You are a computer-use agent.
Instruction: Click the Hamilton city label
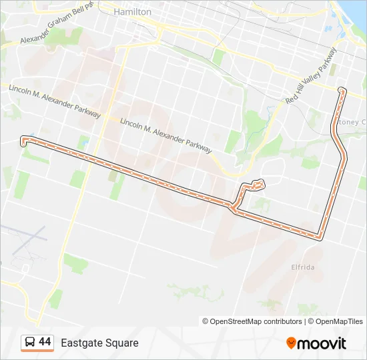pyautogui.click(x=133, y=12)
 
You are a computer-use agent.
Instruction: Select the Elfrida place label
pyautogui.click(x=303, y=267)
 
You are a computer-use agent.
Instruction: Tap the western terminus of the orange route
pyautogui.click(x=24, y=140)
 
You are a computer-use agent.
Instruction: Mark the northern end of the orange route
pyautogui.click(x=342, y=89)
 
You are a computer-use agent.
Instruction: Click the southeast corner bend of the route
pyautogui.click(x=321, y=236)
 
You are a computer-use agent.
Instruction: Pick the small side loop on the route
pyautogui.click(x=258, y=184)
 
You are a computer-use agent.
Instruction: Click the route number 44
pyautogui.click(x=45, y=342)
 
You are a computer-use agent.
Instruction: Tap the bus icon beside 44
pyautogui.click(x=30, y=343)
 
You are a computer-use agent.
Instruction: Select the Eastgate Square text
pyautogui.click(x=100, y=343)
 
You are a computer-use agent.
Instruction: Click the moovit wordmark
pyautogui.click(x=322, y=343)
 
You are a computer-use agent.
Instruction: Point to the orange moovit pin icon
pyautogui.click(x=291, y=343)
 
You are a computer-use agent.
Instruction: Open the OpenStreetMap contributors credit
pyautogui.click(x=252, y=321)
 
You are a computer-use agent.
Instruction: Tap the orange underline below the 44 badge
pyautogui.click(x=37, y=351)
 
